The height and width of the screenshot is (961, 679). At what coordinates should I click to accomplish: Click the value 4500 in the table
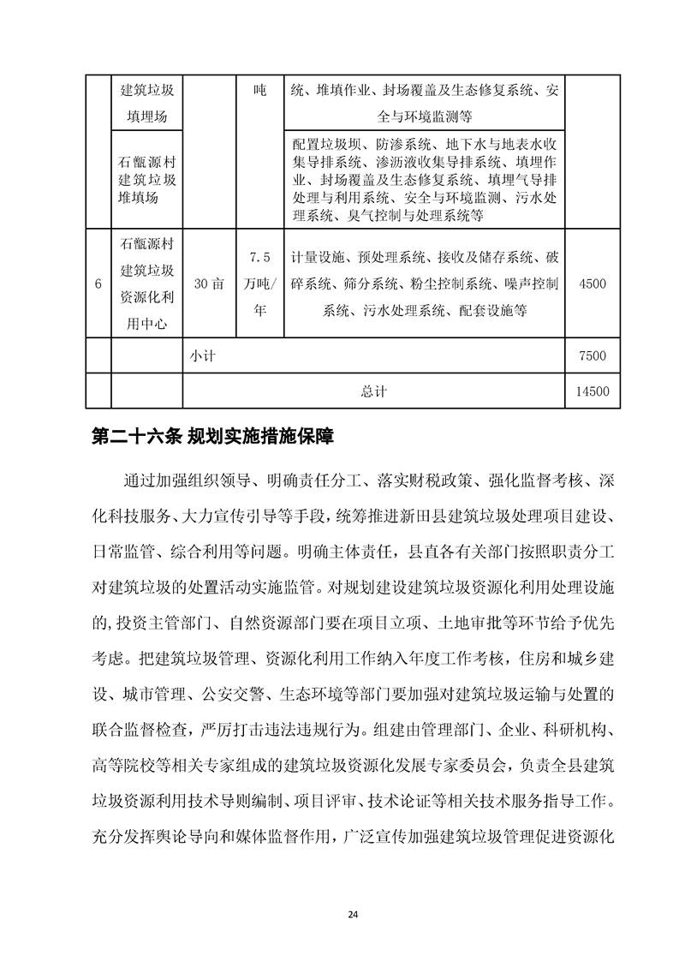593,284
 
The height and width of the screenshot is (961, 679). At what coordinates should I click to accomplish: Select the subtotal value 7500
593,356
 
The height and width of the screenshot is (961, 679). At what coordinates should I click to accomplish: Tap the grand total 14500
593,391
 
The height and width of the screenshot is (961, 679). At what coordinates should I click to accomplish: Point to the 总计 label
373,391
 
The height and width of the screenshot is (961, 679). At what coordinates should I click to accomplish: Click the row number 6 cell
99,284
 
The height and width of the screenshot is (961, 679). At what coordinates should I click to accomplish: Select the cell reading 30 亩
209,284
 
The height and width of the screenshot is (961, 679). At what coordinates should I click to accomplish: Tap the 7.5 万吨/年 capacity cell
259,284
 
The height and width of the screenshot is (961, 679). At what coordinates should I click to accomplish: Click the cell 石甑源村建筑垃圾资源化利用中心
146,284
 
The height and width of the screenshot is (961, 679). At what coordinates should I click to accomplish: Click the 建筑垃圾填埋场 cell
146,103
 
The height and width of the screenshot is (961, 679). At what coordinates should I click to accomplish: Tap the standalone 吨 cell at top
260,90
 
